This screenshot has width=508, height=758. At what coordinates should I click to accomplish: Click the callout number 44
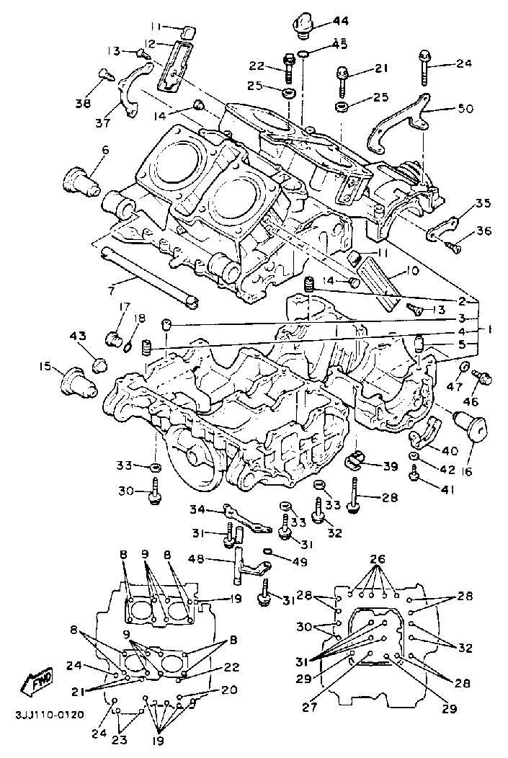[x=340, y=21]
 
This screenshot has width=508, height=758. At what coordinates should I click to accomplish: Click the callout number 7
[x=105, y=151]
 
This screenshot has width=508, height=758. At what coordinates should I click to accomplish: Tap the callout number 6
[x=105, y=151]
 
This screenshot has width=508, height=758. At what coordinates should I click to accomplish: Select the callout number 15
[x=46, y=367]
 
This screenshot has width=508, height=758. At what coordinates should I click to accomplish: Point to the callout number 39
[x=390, y=466]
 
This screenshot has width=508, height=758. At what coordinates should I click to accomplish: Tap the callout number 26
[x=378, y=559]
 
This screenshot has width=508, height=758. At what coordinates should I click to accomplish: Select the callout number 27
[x=310, y=708]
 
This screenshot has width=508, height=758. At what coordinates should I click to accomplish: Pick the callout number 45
[x=339, y=45]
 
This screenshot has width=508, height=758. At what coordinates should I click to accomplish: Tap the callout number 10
[x=412, y=272]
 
